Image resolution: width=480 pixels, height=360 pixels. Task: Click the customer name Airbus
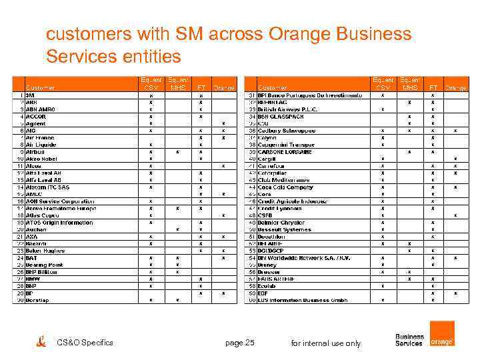point(35,152)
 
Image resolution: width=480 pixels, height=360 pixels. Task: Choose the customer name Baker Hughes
point(45,251)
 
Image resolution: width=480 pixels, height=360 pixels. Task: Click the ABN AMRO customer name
point(41,109)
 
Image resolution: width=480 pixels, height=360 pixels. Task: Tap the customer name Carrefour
point(271,166)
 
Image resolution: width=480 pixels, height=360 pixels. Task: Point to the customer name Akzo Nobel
point(41,159)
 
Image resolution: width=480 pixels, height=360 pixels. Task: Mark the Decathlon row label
point(271,237)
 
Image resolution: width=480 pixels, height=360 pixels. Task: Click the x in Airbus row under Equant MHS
point(177,152)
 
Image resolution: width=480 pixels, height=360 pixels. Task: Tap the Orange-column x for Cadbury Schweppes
point(455,131)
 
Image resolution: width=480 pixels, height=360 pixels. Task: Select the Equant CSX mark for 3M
point(151,95)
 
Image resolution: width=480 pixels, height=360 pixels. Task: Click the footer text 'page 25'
point(240,343)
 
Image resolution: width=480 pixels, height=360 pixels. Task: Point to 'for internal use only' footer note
point(326,343)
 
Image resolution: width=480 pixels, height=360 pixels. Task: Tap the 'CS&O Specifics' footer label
point(85,343)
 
